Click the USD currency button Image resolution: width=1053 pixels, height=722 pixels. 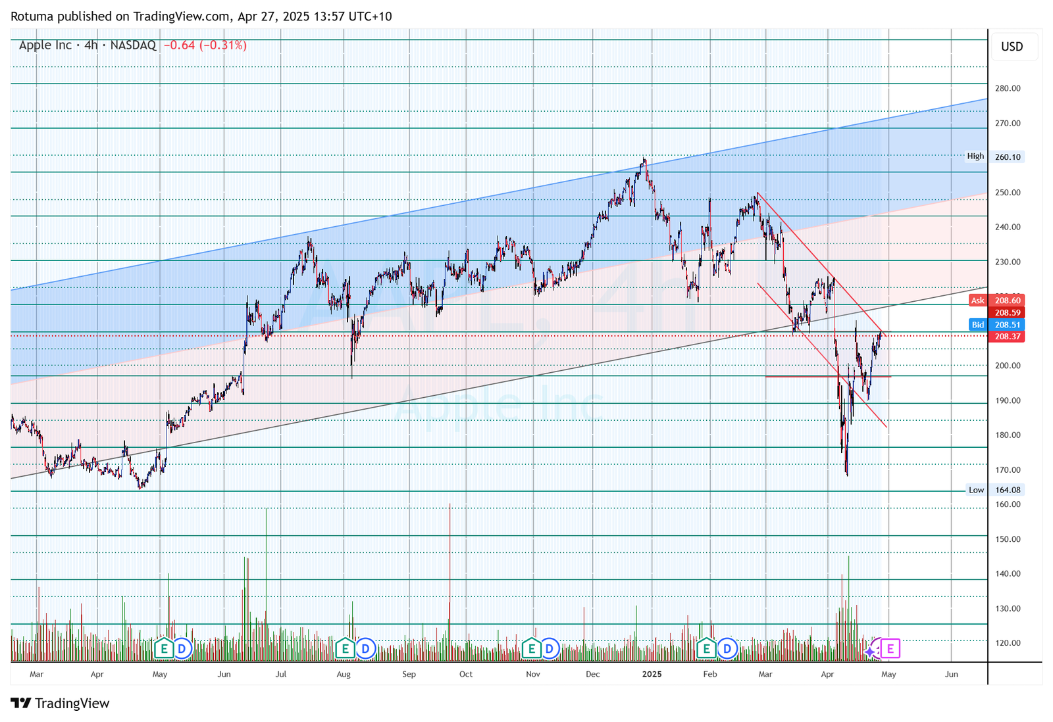[x=1012, y=47]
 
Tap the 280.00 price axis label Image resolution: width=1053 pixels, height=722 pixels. [x=1008, y=88]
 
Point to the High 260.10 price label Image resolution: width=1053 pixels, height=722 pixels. [x=994, y=156]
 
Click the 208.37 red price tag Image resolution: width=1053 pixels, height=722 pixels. [x=1008, y=337]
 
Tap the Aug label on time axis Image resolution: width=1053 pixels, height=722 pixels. [x=344, y=674]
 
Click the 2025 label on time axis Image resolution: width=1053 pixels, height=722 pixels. [x=652, y=674]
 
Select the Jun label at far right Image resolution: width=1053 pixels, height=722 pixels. [x=951, y=674]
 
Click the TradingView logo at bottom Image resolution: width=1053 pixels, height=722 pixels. [x=61, y=704]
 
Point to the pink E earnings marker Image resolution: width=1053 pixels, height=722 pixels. [x=890, y=649]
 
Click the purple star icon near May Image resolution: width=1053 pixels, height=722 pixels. [x=870, y=652]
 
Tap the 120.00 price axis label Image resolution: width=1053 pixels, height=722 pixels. [x=1008, y=643]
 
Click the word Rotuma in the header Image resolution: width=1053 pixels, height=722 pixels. [x=32, y=16]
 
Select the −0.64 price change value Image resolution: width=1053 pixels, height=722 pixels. [x=179, y=45]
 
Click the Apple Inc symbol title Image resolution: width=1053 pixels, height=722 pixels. [x=45, y=45]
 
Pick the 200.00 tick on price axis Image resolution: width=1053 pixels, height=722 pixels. [x=1008, y=366]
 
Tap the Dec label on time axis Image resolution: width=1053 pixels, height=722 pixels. [x=592, y=674]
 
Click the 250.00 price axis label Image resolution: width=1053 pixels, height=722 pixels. [x=1008, y=193]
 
